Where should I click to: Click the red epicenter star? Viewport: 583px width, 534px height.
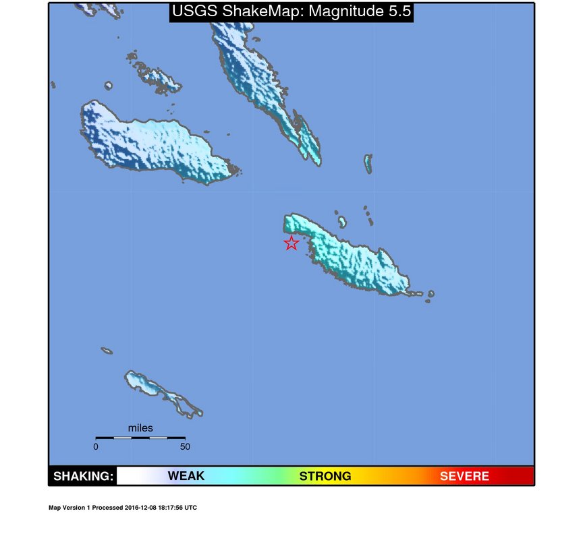point(291,243)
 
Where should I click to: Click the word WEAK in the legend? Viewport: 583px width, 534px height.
point(186,476)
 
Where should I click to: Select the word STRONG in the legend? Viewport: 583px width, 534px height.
point(325,476)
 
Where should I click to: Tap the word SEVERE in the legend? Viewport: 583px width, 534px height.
point(464,476)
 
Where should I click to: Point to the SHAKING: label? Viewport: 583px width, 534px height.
point(83,476)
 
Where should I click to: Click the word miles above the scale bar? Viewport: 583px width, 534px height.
point(140,428)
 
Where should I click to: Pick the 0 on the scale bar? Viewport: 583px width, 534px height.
point(96,446)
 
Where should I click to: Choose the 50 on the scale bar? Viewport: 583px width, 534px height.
point(184,446)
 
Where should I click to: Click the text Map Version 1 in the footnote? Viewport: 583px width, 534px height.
point(70,508)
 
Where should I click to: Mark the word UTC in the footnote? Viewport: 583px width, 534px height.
point(191,508)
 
